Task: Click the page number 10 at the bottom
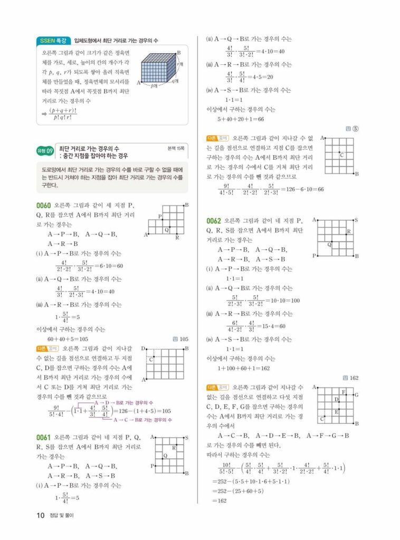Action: click(41, 515)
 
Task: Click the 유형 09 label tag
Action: click(45, 152)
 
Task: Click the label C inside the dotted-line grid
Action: click(341, 155)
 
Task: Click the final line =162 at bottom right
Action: click(219, 500)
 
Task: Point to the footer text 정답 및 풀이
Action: click(61, 516)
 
